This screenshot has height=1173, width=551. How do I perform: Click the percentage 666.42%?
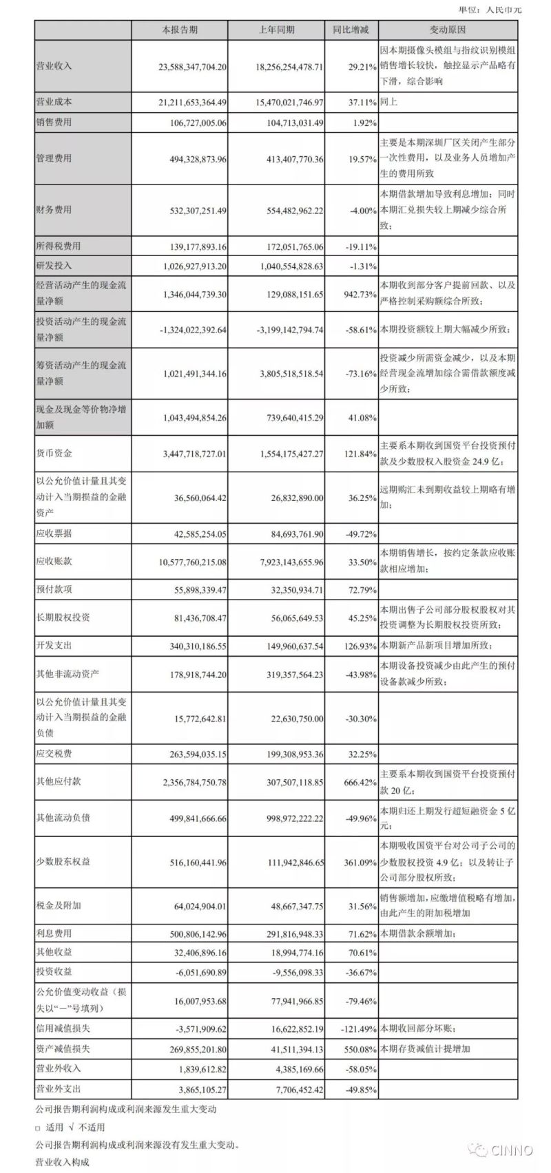click(359, 782)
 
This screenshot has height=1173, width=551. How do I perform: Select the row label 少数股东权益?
click(63, 861)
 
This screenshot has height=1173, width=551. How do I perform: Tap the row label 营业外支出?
click(58, 1088)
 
